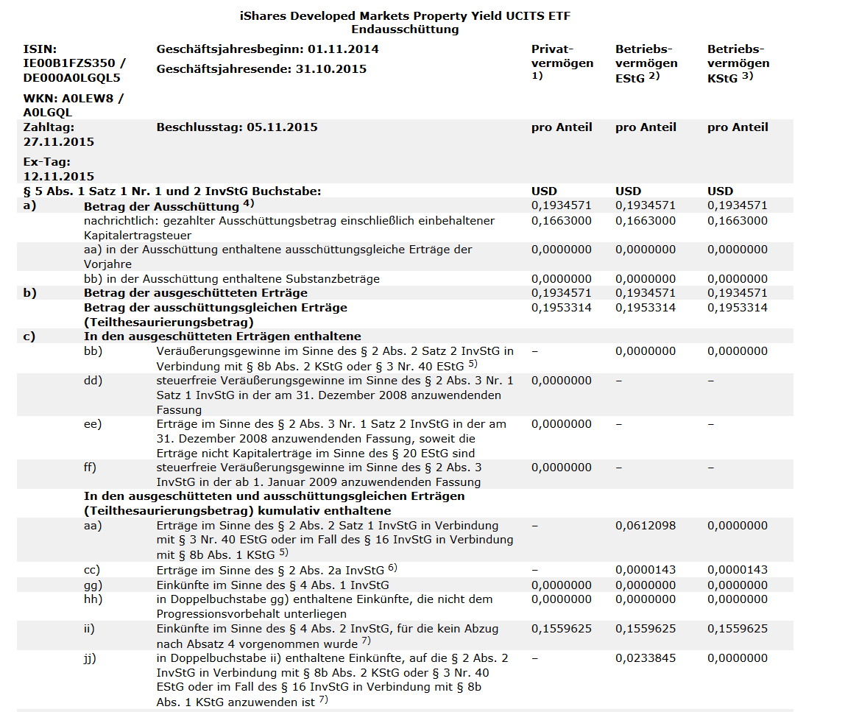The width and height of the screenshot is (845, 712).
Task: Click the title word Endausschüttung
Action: tap(405, 29)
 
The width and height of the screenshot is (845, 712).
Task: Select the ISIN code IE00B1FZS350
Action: tap(70, 63)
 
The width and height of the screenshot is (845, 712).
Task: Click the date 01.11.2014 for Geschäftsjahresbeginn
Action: tap(343, 49)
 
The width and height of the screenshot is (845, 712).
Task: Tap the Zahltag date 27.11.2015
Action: tap(59, 141)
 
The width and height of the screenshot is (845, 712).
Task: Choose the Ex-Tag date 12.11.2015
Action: tap(59, 176)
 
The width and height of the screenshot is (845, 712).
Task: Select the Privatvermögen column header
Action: tap(562, 57)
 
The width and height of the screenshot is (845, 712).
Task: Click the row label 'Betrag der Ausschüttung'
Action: tap(161, 206)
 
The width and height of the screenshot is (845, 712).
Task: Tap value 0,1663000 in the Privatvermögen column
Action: tap(561, 221)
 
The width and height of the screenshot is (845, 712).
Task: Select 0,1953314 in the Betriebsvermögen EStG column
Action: tap(646, 308)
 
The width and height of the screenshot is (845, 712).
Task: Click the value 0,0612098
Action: tap(646, 526)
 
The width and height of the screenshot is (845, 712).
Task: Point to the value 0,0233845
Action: tap(646, 658)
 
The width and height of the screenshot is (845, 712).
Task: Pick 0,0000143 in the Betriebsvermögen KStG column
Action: tap(738, 570)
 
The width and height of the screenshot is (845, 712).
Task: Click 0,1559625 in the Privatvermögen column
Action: tap(561, 629)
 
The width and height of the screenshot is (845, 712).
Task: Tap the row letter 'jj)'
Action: tap(91, 658)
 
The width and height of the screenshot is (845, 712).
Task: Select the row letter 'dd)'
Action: tap(93, 381)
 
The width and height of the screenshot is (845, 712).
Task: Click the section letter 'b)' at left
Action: tap(29, 293)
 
